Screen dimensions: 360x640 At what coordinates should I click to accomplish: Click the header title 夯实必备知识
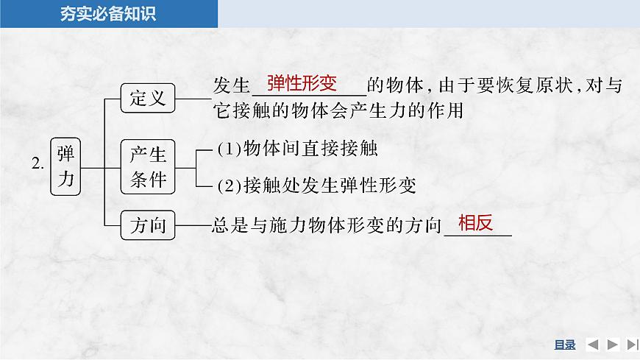coord(107,14)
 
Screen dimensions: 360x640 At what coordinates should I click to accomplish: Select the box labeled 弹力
coord(66,166)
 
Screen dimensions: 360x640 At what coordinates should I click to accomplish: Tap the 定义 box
coord(148,98)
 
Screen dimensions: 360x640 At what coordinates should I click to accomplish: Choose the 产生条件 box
coord(148,166)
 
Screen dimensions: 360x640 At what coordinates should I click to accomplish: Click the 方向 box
coord(148,225)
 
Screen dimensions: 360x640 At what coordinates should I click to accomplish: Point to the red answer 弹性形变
coord(302,82)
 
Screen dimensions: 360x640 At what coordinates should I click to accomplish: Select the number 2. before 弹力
coord(38,166)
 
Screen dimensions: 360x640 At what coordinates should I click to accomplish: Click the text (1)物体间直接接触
coord(297,149)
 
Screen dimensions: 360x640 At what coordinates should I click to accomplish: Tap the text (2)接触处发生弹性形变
coord(317,186)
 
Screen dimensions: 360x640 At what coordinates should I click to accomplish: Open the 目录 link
coord(564,345)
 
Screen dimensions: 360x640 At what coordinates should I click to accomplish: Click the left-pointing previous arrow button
coord(593,345)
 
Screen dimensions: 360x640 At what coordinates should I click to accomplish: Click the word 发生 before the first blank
coord(232,86)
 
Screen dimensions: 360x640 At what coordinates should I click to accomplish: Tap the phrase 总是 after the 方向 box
coord(223,225)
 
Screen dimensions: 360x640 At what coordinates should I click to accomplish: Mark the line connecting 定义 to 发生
coord(193,97)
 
